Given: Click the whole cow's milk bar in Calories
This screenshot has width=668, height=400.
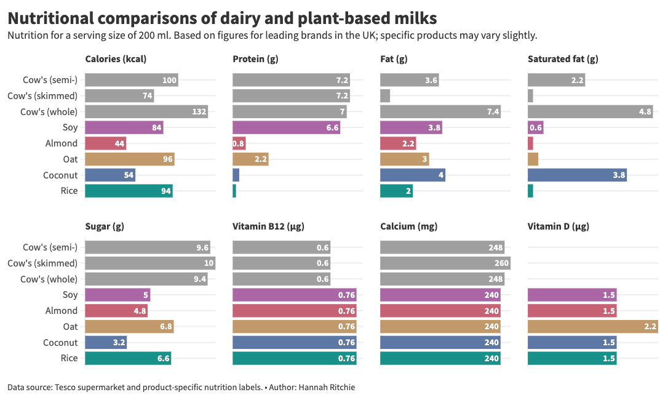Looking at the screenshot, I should [x=146, y=111].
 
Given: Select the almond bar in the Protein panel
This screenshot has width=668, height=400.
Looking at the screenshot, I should [x=239, y=143].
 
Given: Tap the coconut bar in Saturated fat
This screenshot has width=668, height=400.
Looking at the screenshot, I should [x=577, y=175].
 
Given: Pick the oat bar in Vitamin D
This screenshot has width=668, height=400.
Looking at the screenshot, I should [x=592, y=326].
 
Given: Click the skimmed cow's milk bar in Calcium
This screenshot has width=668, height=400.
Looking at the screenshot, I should [x=445, y=263].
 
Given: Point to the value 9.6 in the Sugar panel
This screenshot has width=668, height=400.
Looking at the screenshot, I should [x=202, y=247].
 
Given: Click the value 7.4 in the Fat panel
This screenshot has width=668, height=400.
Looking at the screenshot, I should [x=491, y=111].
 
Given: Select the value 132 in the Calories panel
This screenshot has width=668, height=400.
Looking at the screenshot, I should [x=198, y=111].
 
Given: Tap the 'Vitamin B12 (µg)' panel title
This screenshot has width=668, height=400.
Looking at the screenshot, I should [x=268, y=226].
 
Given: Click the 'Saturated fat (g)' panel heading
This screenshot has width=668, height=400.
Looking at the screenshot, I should [x=563, y=59].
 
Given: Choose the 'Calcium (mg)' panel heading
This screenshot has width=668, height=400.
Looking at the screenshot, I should [x=409, y=226].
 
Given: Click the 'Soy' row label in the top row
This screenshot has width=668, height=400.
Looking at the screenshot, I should [x=70, y=127].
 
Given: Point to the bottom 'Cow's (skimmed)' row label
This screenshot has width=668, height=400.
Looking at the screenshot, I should [x=42, y=263].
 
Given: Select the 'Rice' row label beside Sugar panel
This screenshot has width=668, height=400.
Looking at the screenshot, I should [x=70, y=358].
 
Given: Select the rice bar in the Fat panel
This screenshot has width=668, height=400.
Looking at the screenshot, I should [x=396, y=191].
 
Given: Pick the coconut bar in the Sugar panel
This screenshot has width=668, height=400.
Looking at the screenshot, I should [x=105, y=342].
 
